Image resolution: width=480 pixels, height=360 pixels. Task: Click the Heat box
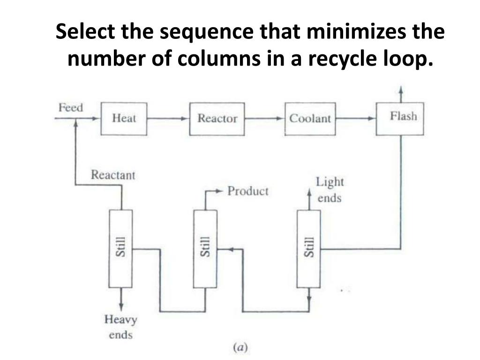pyautogui.click(x=124, y=119)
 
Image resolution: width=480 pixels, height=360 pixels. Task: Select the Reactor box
pyautogui.click(x=217, y=119)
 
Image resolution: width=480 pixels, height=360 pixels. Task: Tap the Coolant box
pyautogui.click(x=310, y=119)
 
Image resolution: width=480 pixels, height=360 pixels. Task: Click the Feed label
pyautogui.click(x=70, y=108)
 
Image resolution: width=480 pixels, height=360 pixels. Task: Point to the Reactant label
pyautogui.click(x=112, y=175)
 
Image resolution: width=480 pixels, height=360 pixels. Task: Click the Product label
pyautogui.click(x=247, y=191)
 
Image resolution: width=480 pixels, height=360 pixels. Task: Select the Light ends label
pyautogui.click(x=330, y=189)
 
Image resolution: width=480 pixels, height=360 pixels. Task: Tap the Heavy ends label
pyautogui.click(x=120, y=327)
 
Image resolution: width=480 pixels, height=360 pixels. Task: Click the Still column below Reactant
pyautogui.click(x=120, y=248)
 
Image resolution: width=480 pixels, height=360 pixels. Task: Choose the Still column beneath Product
pyautogui.click(x=205, y=248)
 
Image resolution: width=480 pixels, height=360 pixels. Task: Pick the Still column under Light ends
pyautogui.click(x=309, y=248)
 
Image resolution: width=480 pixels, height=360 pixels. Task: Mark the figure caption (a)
pyautogui.click(x=240, y=347)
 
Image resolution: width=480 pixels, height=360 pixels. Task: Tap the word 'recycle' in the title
pyautogui.click(x=341, y=59)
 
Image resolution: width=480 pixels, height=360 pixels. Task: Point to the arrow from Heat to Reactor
pyautogui.click(x=168, y=119)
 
